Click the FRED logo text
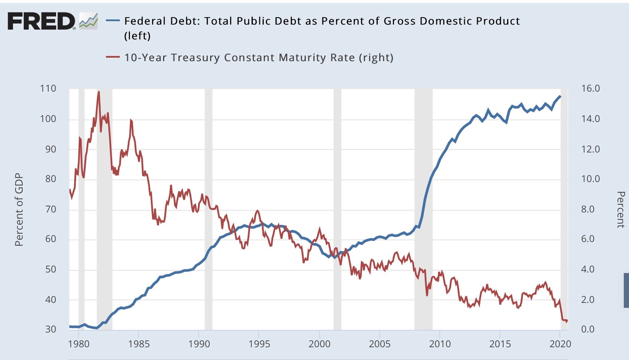41,21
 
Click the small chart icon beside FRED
88,21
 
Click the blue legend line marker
113,20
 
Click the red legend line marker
113,57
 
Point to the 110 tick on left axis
48,88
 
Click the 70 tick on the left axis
50,209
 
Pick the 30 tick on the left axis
50,329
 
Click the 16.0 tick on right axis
590,88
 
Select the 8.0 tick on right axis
588,209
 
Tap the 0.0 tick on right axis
588,329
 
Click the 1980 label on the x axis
79,344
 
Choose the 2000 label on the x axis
319,344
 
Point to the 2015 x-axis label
500,344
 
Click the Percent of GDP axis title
19,209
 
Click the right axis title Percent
620,209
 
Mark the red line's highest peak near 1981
98,92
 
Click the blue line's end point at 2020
560,96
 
